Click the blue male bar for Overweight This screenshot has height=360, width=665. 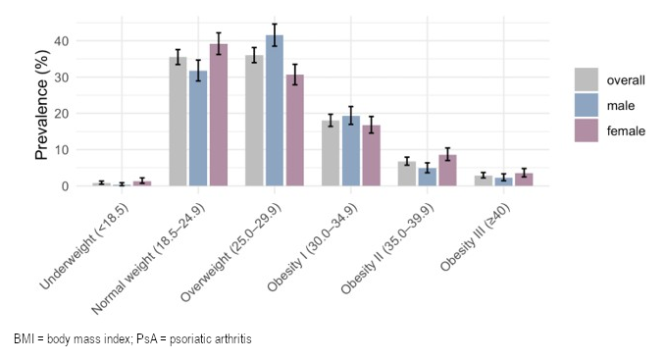275,110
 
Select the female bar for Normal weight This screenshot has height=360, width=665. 219,115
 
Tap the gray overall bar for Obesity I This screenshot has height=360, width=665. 331,153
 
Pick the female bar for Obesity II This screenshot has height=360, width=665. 447,170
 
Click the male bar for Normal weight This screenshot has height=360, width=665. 198,129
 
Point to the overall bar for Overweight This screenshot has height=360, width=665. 254,121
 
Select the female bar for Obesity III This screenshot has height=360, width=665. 524,180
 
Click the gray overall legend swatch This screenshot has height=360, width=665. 587,79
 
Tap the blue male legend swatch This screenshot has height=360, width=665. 587,105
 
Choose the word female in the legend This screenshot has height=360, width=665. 626,131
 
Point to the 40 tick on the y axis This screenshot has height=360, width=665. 62,41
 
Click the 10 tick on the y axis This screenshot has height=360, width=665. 62,150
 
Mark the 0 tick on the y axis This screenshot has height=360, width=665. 65,186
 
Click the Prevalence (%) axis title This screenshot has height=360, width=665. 41,105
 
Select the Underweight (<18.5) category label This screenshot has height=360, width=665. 84,247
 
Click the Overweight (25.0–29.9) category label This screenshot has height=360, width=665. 231,252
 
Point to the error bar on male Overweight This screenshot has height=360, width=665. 275,34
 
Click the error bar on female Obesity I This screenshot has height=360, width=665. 371,125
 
